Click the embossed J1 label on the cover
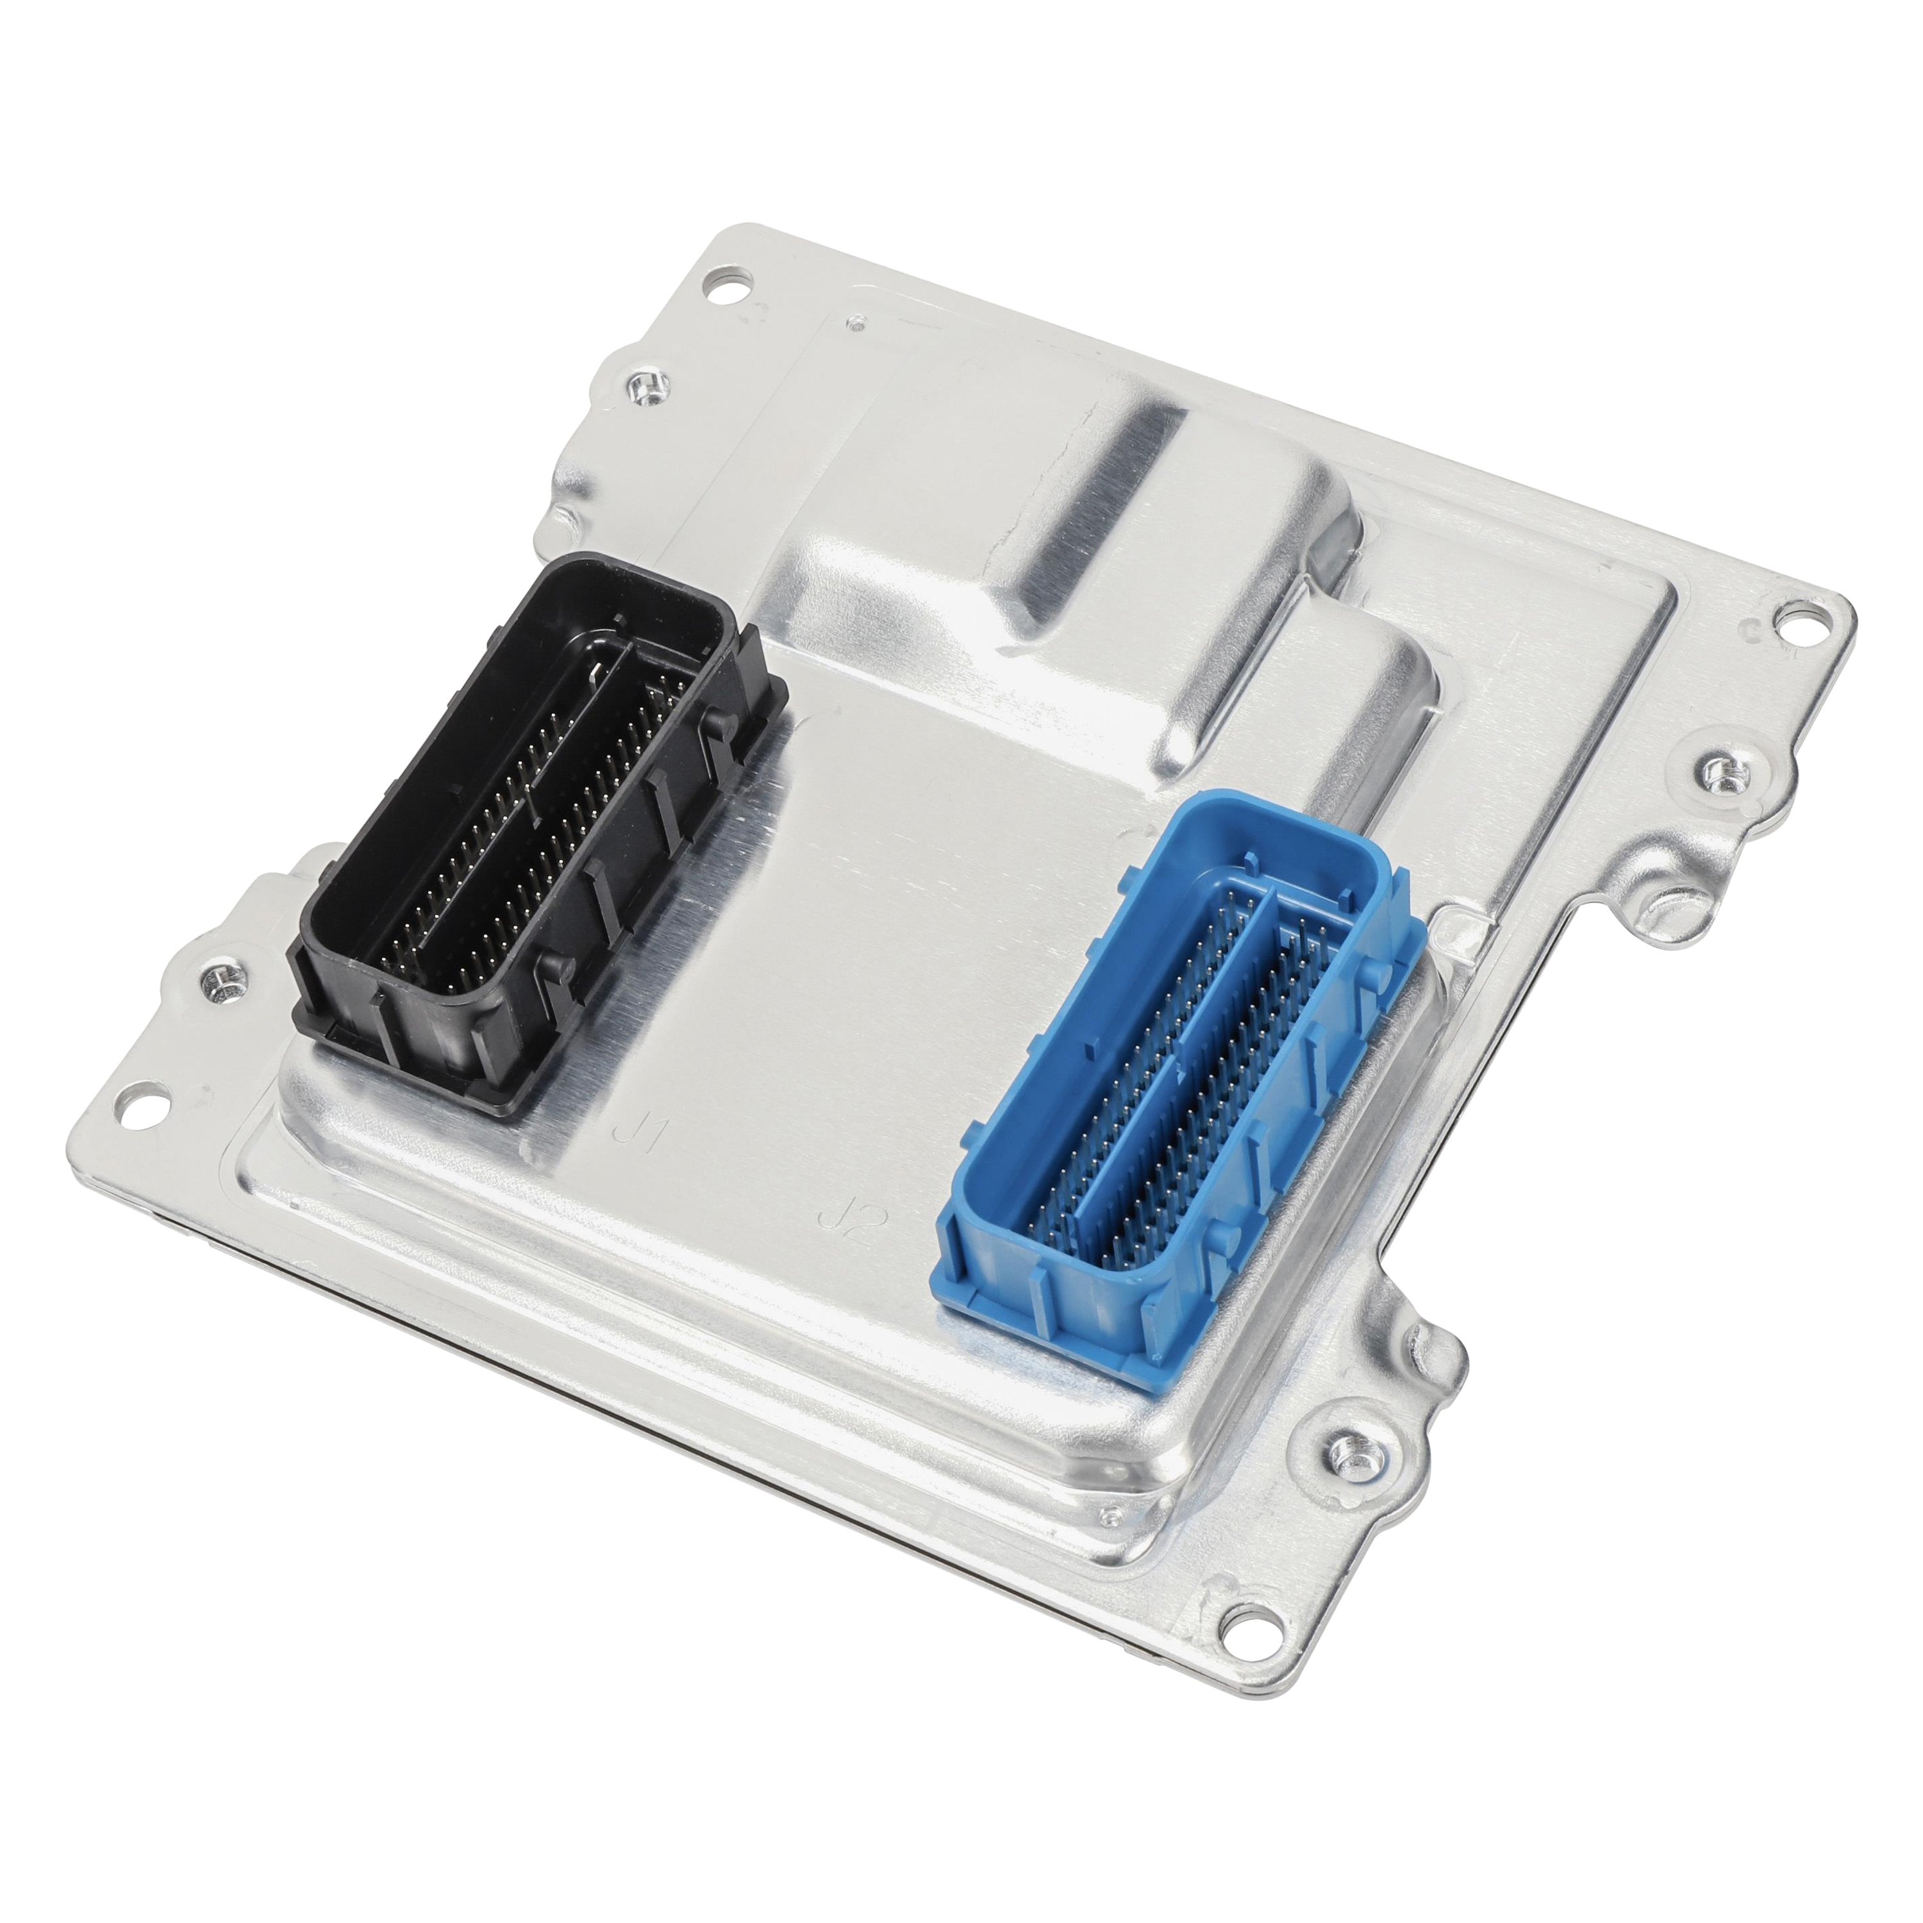click(x=634, y=1133)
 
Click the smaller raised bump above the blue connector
click(x=1363, y=687)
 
